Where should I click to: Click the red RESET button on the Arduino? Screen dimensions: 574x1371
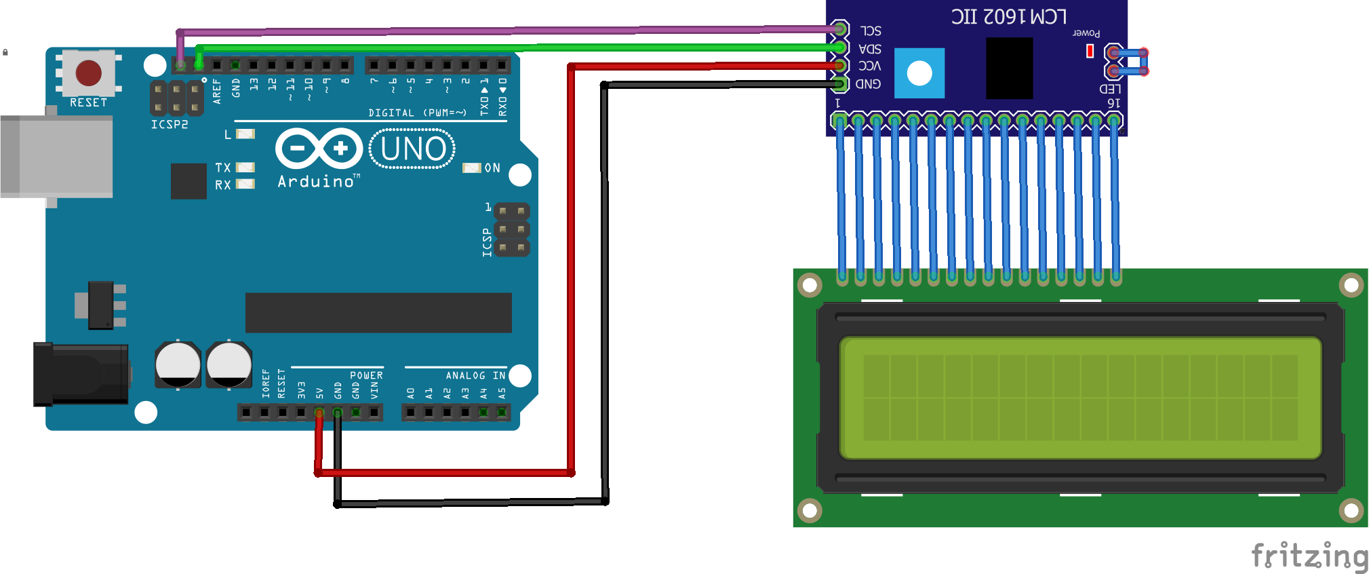[89, 73]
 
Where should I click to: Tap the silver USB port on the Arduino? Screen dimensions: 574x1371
[57, 157]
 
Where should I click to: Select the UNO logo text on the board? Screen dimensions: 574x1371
[413, 149]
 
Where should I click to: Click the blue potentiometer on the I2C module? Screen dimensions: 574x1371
[919, 73]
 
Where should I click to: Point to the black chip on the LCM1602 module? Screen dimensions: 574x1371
[1009, 68]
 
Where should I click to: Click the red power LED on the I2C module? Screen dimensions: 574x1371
[1090, 51]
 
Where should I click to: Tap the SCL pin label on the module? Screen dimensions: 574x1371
[871, 31]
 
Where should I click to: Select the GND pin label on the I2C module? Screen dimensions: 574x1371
[869, 84]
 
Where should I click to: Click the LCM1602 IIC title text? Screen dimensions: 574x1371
[1008, 16]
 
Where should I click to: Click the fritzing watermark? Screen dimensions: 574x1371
[1309, 556]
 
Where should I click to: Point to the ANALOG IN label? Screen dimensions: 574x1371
[475, 375]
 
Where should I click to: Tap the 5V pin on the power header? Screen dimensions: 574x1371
[319, 413]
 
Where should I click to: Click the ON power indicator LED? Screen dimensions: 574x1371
[471, 168]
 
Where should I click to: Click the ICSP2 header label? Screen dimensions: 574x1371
[170, 124]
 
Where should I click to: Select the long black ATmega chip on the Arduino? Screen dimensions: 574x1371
[378, 313]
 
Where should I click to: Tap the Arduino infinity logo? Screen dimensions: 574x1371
[319, 148]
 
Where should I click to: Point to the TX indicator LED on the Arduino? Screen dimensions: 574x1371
[245, 167]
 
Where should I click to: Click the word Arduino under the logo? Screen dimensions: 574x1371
[316, 182]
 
